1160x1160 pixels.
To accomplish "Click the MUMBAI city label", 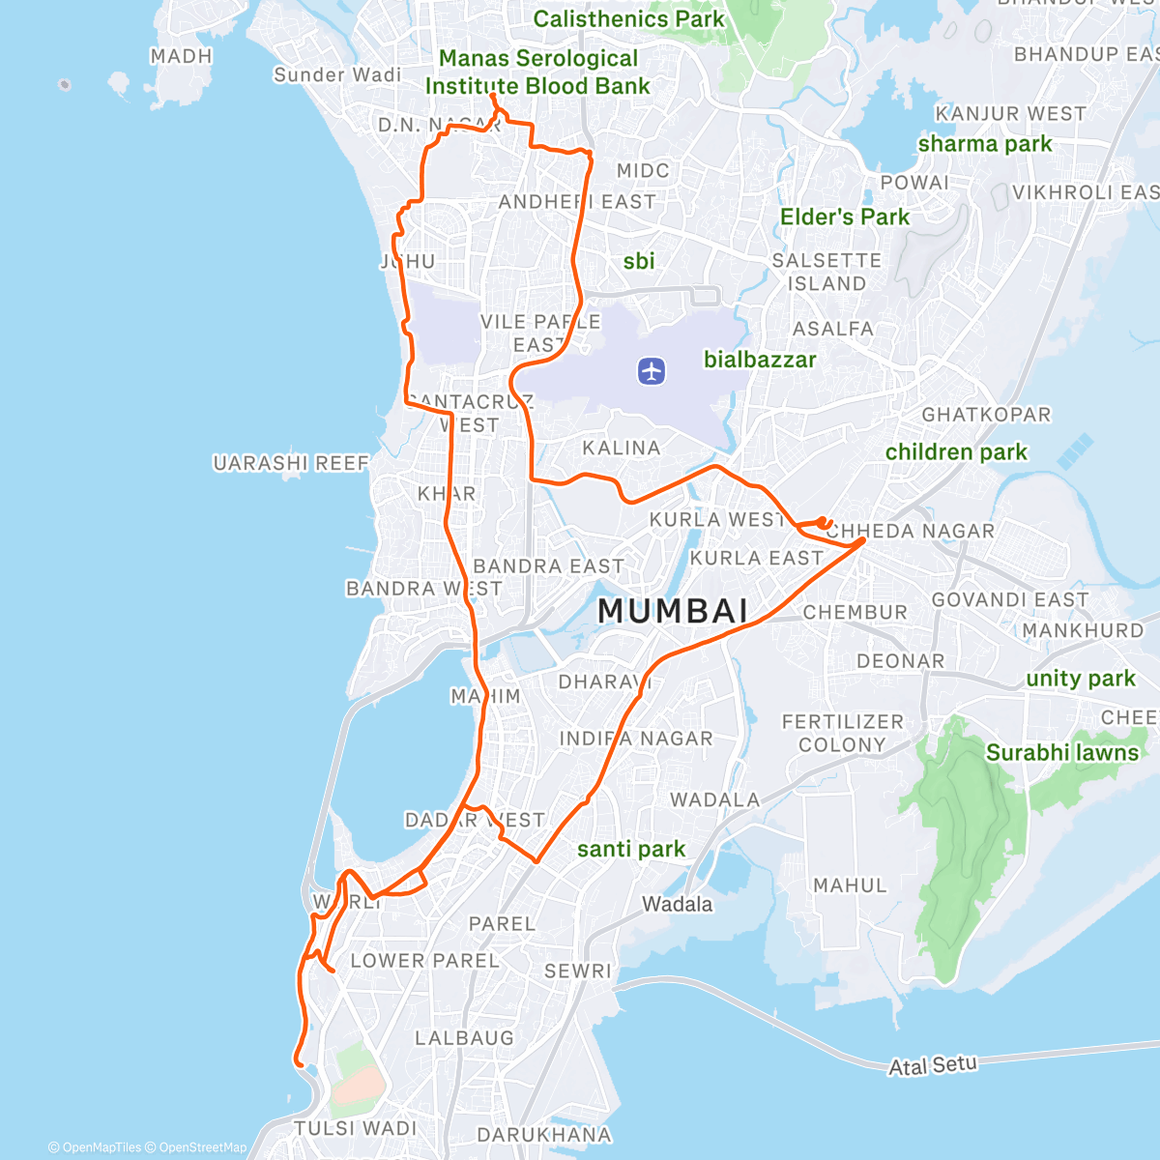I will tap(673, 611).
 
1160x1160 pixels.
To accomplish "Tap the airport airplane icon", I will tap(652, 370).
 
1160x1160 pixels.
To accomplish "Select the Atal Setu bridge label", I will tap(933, 1065).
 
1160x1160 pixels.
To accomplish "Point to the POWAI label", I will tap(914, 183).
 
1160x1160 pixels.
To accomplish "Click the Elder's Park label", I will tap(845, 217).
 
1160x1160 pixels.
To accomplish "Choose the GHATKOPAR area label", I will tap(986, 415).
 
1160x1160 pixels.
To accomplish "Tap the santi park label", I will tap(631, 850).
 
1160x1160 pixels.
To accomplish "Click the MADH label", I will tap(181, 56).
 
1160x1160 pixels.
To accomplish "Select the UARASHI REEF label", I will tap(291, 464).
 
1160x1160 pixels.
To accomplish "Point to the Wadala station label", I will tap(678, 905).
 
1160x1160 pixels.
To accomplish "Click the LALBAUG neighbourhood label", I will tap(464, 1038).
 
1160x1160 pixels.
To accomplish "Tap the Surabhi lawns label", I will tap(1062, 753).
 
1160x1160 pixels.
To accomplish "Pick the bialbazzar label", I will tap(760, 361).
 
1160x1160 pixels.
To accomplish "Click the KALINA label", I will tap(622, 448).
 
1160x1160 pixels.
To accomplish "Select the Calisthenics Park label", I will tap(628, 19).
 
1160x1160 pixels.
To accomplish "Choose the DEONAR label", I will tap(900, 661).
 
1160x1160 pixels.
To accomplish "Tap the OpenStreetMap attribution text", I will tap(203, 1147).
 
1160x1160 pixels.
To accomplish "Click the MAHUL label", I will tap(850, 885).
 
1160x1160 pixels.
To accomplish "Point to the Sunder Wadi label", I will tap(337, 75).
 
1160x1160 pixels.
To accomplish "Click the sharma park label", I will tap(985, 144).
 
